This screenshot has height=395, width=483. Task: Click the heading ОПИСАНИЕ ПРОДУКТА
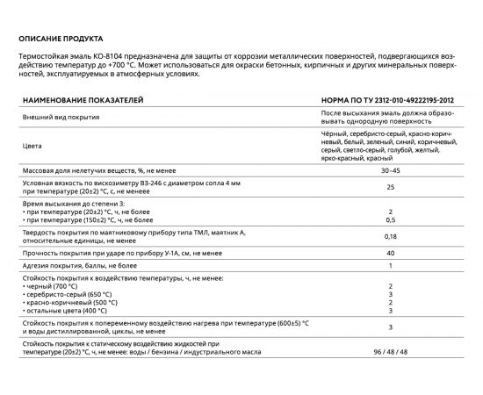61,39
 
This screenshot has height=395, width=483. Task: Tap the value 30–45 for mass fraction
389,169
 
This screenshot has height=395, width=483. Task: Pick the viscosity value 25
389,187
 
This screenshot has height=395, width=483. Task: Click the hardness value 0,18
389,235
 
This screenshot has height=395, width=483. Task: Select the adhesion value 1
389,265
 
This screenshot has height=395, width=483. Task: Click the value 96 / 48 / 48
389,352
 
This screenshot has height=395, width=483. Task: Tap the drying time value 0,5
389,219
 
